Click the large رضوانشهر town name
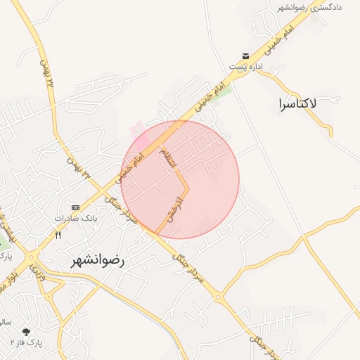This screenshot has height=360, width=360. (97, 259)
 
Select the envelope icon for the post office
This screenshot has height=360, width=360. (245, 56)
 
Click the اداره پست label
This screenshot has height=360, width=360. (245, 67)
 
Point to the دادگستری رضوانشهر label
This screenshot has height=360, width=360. (310, 7)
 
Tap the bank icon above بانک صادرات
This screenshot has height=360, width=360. (75, 207)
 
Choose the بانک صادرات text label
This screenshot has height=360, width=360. (75, 219)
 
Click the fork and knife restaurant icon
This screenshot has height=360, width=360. (58, 236)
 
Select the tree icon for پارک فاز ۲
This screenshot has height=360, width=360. (27, 330)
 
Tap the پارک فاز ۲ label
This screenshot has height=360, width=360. (27, 342)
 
